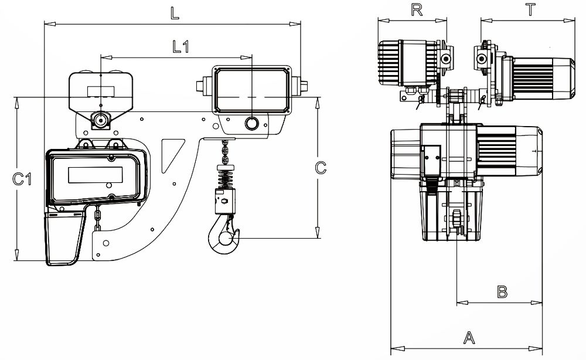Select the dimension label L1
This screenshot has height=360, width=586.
(180, 47)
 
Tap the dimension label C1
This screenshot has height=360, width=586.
(22, 179)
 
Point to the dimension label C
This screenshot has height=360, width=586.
(321, 168)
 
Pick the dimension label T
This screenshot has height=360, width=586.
(530, 10)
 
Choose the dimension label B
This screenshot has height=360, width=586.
(502, 291)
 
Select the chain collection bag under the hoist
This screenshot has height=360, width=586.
(63, 237)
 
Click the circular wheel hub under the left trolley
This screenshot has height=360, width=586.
(101, 120)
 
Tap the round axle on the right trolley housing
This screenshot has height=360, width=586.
(251, 123)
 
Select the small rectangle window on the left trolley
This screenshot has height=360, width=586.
(101, 91)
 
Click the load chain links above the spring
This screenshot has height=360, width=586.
(225, 152)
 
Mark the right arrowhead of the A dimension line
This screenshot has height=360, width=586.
(540, 346)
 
